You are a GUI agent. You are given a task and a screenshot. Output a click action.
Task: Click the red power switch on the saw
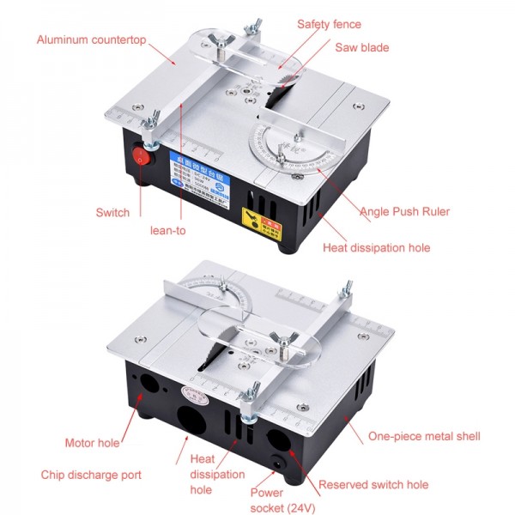click(x=142, y=157)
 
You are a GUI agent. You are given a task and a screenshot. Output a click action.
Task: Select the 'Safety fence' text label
click(x=329, y=24)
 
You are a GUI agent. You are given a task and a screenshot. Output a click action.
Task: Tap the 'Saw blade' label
click(x=361, y=47)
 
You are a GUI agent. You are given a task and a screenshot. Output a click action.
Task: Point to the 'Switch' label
click(x=112, y=212)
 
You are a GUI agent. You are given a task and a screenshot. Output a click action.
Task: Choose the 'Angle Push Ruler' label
click(x=404, y=211)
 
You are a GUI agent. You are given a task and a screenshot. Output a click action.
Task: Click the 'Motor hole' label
click(x=92, y=443)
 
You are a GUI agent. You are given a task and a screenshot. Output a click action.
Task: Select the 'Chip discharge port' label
click(x=91, y=474)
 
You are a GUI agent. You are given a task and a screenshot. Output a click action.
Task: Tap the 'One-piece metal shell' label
click(x=424, y=436)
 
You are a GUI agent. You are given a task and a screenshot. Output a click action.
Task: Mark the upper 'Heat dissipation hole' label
click(x=376, y=247)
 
